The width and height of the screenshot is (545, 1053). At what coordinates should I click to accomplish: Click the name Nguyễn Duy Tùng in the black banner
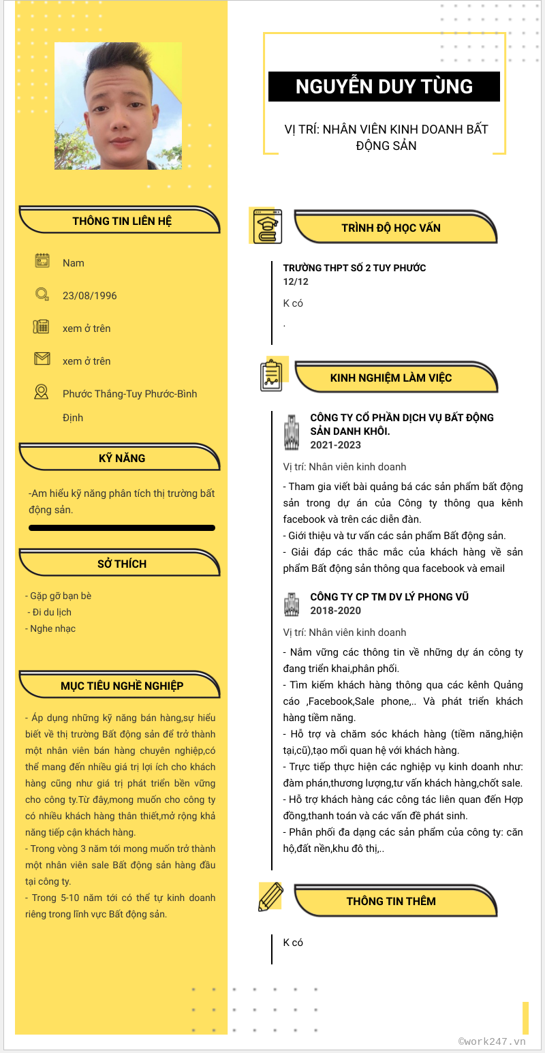pyautogui.click(x=384, y=87)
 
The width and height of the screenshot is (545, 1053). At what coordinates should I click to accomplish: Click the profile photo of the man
pyautogui.click(x=118, y=106)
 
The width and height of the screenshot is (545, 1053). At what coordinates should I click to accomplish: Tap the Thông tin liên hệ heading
pyautogui.click(x=122, y=221)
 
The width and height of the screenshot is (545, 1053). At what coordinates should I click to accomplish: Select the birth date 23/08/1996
pyautogui.click(x=89, y=296)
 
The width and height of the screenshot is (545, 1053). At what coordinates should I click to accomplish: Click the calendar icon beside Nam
pyautogui.click(x=42, y=260)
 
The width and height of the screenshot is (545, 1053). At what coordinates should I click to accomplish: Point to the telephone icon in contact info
pyautogui.click(x=42, y=326)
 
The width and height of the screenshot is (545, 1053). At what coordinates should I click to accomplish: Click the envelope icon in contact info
pyautogui.click(x=42, y=358)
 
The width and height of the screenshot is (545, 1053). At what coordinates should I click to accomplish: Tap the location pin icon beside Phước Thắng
pyautogui.click(x=42, y=392)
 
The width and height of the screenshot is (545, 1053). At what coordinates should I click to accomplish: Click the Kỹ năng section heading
pyautogui.click(x=122, y=458)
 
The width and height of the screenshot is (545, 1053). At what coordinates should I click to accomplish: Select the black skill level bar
pyautogui.click(x=122, y=528)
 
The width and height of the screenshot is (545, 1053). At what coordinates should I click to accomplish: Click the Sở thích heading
pyautogui.click(x=122, y=564)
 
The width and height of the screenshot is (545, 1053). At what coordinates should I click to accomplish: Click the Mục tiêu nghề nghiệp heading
pyautogui.click(x=122, y=686)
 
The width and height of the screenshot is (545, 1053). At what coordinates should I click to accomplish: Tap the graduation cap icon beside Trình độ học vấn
pyautogui.click(x=267, y=226)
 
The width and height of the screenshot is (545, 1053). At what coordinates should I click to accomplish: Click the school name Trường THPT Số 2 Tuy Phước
pyautogui.click(x=354, y=268)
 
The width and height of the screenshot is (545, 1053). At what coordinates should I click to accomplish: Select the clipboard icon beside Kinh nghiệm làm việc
pyautogui.click(x=272, y=376)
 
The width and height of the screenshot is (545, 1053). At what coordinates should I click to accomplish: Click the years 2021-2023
pyautogui.click(x=335, y=445)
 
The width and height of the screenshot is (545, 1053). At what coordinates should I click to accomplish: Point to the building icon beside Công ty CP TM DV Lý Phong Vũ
pyautogui.click(x=292, y=604)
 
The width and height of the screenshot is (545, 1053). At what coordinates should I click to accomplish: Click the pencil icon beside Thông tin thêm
pyautogui.click(x=270, y=896)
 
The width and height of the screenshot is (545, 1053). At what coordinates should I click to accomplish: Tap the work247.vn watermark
pyautogui.click(x=492, y=1041)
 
